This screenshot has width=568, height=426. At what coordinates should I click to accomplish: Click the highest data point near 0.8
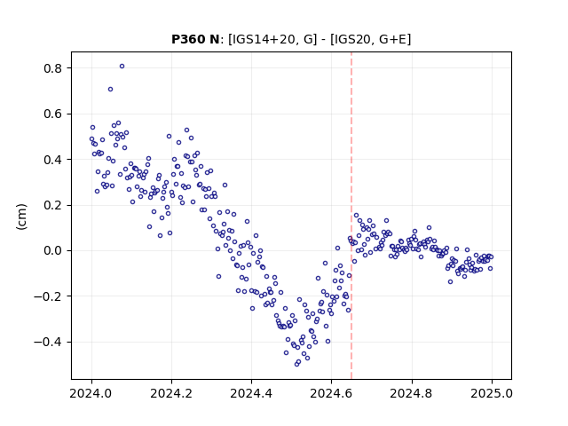tap(122, 67)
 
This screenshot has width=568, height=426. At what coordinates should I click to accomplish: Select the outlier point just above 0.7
tap(110, 89)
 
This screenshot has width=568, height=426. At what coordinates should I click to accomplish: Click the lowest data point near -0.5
tap(296, 364)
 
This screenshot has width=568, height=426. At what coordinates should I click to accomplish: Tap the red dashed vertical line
tap(351, 216)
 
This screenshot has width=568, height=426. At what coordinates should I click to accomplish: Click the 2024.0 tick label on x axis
tap(91, 393)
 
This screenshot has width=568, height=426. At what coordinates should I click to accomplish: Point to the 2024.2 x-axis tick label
tap(171, 393)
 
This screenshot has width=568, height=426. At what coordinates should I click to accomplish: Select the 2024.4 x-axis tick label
tap(251, 393)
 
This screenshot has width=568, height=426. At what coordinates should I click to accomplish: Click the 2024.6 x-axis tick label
tap(331, 393)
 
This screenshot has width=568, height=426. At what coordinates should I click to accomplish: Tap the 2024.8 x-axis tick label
tap(412, 393)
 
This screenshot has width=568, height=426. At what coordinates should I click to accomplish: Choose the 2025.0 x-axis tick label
tap(492, 393)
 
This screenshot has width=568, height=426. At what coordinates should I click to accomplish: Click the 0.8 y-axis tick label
tap(52, 68)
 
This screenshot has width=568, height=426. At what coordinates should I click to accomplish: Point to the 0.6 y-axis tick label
tap(52, 114)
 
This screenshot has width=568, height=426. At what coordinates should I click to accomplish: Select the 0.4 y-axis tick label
tap(52, 160)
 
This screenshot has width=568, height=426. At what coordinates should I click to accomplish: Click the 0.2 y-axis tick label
tap(52, 205)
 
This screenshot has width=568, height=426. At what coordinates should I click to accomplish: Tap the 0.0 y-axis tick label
tap(52, 250)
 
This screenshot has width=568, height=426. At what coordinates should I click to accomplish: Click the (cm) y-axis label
tap(21, 217)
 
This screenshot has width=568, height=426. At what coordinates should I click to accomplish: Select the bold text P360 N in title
tap(195, 39)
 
